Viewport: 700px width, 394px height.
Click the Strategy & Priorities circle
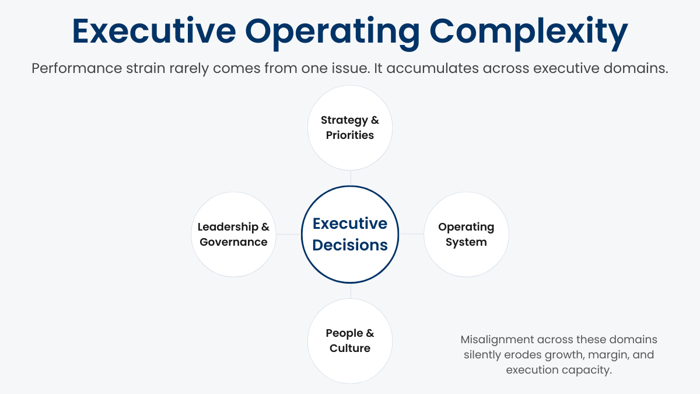pos(350,128)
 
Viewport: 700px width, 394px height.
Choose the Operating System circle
pos(466,234)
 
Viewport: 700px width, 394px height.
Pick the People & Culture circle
pos(350,341)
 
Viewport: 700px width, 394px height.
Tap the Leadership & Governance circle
pos(233,234)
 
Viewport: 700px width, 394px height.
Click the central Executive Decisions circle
pos(350,234)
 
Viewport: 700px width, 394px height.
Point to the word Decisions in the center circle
pos(350,245)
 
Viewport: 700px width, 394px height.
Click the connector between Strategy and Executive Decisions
pos(350,177)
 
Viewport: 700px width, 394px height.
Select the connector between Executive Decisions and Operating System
pos(411,234)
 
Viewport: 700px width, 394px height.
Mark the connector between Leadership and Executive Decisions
pos(288,234)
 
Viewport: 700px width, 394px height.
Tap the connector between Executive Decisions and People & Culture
pos(350,290)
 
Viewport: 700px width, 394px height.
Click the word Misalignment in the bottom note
pos(496,340)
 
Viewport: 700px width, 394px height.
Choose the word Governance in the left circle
pos(233,242)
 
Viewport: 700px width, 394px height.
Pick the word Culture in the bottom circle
pos(350,348)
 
